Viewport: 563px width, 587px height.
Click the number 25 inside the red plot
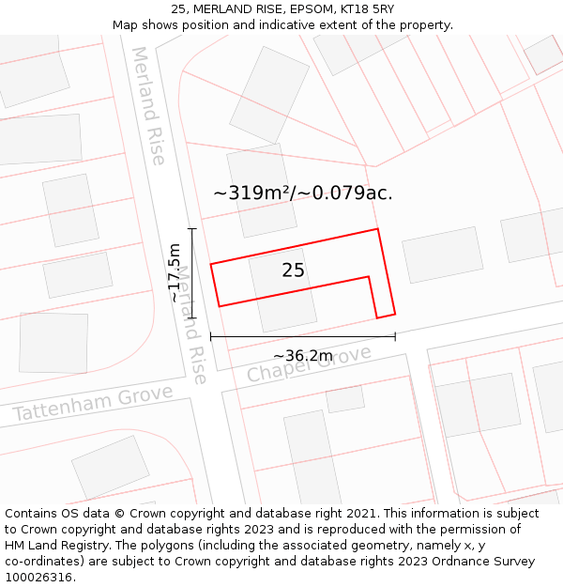[293, 270]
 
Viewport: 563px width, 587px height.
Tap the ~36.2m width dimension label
[302, 356]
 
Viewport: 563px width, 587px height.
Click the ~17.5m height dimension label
[175, 272]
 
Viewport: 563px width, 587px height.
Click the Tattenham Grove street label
[92, 403]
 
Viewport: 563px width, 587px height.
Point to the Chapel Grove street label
[309, 363]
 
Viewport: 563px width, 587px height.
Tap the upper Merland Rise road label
[148, 105]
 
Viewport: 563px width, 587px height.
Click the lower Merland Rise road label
[191, 324]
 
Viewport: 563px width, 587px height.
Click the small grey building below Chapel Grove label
[345, 399]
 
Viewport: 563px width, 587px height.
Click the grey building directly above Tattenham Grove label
[53, 343]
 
